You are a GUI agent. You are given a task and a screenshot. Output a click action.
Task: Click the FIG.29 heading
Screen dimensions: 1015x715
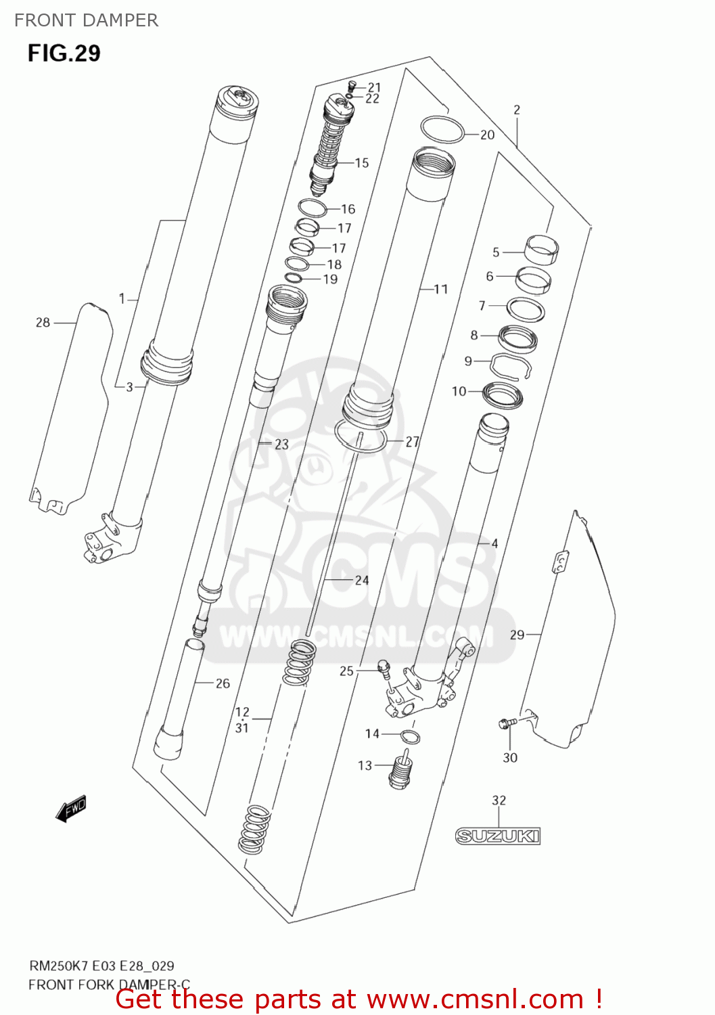[64, 53]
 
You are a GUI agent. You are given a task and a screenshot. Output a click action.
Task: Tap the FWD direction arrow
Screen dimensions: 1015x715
[71, 808]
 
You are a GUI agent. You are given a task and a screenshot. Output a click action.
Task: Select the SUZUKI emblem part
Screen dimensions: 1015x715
[498, 836]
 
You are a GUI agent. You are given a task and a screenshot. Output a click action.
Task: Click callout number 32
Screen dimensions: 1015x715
[499, 800]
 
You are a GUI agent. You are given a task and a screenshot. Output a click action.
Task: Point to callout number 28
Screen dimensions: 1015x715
[43, 323]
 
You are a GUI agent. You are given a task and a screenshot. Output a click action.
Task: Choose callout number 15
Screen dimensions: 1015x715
[362, 162]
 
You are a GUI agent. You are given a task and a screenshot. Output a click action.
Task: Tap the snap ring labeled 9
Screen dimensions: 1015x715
[510, 366]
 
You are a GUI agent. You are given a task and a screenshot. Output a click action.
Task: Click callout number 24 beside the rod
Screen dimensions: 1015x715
[362, 580]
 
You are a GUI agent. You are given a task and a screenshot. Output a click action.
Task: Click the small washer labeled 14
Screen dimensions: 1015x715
[409, 736]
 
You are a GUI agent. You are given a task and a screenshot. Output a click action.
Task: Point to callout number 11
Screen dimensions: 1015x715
[441, 289]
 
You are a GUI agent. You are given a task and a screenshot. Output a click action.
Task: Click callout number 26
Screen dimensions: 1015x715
[223, 683]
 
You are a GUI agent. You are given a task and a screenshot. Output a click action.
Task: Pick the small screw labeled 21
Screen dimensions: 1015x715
[351, 87]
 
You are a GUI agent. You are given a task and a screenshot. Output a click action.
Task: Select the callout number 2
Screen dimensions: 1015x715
[517, 110]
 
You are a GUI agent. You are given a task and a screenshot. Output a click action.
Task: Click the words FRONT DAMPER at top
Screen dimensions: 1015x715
[86, 20]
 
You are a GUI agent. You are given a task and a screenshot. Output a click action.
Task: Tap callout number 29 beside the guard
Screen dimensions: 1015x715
[517, 635]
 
